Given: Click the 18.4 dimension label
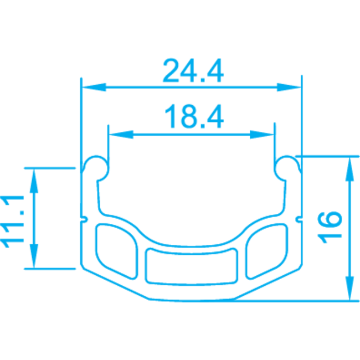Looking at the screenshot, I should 193,117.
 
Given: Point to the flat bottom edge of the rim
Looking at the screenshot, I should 191,301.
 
